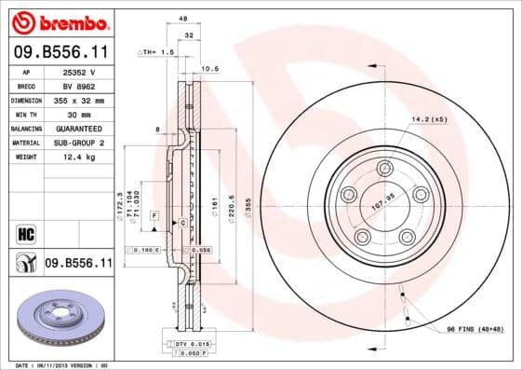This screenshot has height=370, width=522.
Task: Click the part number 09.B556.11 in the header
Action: pos(60,53)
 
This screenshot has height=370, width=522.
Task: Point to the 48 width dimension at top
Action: pos(182,18)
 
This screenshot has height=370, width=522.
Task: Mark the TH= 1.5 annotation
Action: pos(156,53)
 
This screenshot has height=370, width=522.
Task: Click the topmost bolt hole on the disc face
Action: pos(385,169)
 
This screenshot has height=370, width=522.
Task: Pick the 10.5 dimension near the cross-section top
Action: pos(210,68)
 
